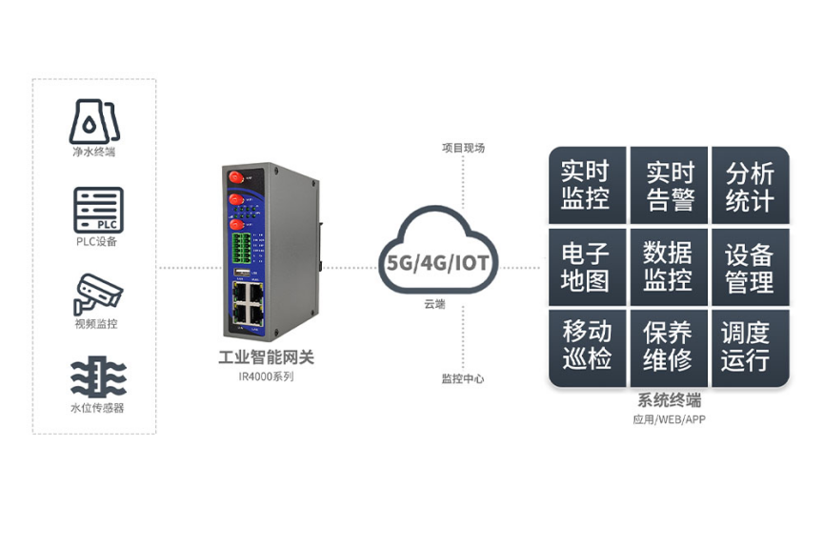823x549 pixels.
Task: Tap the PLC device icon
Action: click(x=98, y=210)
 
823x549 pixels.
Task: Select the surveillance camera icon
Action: click(x=97, y=294)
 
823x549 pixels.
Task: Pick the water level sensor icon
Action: click(x=97, y=378)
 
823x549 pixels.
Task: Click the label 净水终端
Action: click(x=96, y=152)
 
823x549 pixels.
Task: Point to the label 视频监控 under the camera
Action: click(x=96, y=324)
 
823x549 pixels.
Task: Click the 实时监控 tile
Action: click(x=586, y=186)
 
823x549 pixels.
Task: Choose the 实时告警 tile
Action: click(x=670, y=186)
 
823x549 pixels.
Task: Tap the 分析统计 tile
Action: click(x=751, y=186)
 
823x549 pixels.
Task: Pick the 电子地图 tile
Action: click(x=586, y=267)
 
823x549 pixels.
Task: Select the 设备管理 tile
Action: click(x=751, y=267)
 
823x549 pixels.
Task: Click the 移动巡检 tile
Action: click(x=586, y=347)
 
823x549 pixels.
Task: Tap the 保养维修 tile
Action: click(x=670, y=347)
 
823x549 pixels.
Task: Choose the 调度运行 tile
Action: click(x=751, y=347)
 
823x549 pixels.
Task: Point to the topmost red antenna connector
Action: click(x=232, y=176)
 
